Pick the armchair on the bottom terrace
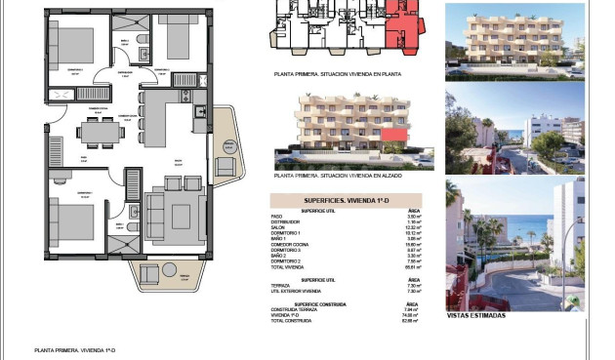tap(152, 274)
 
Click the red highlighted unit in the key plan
tap(399, 24)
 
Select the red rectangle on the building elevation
tap(393, 135)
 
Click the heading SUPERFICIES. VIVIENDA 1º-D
tap(347, 200)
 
